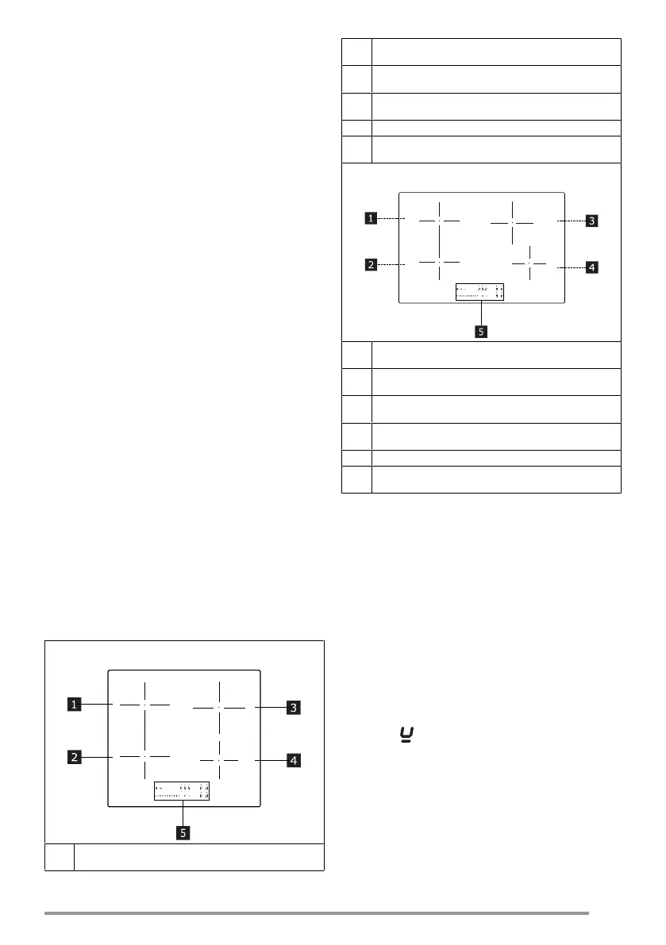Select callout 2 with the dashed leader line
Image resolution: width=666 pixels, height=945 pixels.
(371, 264)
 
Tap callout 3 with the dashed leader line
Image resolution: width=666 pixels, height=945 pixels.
(591, 221)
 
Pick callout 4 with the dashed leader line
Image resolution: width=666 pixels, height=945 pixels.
(591, 267)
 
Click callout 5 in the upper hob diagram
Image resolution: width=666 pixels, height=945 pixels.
(480, 332)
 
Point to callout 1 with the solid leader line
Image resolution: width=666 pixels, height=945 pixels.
(73, 703)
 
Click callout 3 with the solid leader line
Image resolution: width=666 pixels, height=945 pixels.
(294, 707)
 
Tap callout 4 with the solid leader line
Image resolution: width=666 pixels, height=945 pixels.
(294, 761)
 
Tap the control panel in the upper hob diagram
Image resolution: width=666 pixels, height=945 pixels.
(480, 292)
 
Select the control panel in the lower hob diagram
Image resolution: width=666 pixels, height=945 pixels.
(182, 791)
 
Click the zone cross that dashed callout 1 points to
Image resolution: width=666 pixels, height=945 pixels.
(438, 219)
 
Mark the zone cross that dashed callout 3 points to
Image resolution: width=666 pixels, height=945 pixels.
(513, 223)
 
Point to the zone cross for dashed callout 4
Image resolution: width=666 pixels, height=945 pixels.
(529, 262)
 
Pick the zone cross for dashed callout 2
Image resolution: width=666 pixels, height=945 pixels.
(438, 261)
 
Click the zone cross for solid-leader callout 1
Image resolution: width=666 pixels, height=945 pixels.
(145, 704)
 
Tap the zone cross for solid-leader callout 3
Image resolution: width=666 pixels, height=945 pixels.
(220, 707)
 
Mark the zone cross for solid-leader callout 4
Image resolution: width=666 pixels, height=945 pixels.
(218, 759)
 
